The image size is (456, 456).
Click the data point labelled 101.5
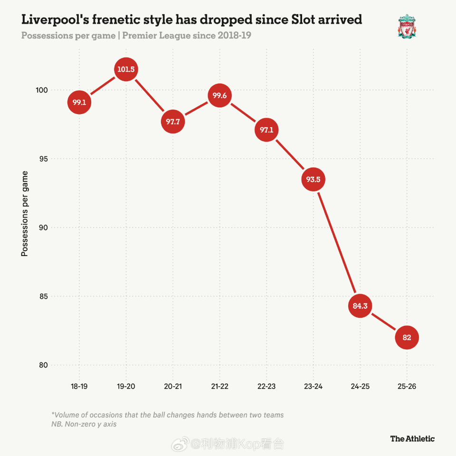[x=126, y=69]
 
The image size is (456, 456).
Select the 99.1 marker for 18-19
[x=79, y=102]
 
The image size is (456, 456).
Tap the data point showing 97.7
[x=172, y=122]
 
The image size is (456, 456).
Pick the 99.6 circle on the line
[x=219, y=95]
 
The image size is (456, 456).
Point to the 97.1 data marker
[x=266, y=130]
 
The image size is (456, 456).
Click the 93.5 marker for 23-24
[x=313, y=180]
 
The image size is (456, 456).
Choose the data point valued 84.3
[x=360, y=306]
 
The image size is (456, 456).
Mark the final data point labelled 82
[x=407, y=338]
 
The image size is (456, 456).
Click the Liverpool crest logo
[x=407, y=26]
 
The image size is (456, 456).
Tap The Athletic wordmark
[x=412, y=438]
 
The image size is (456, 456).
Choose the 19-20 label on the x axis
[x=126, y=387]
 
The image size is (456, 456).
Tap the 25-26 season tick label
[x=407, y=387]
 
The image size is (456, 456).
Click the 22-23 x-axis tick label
[x=266, y=387]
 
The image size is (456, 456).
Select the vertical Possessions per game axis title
[x=25, y=214]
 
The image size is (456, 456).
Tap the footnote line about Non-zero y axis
[x=84, y=424]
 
